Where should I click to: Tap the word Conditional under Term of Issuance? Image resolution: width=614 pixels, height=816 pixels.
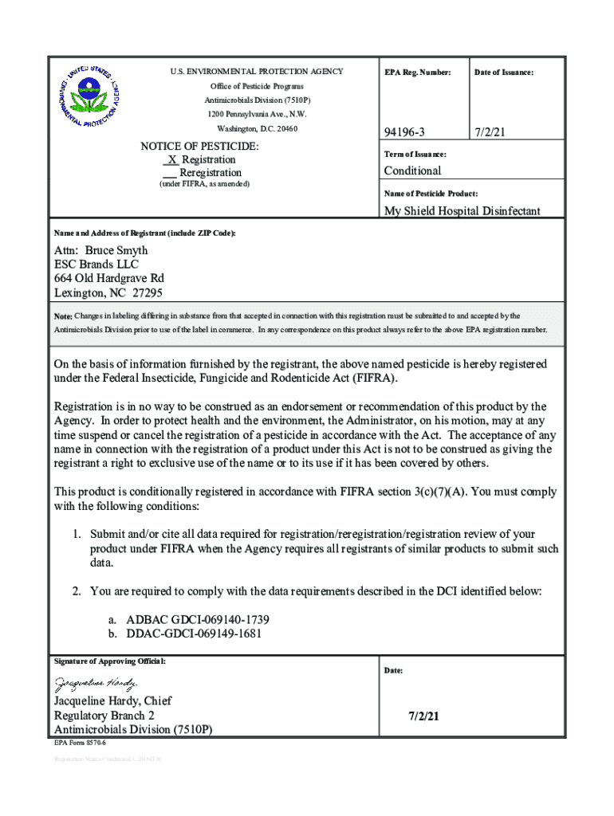[412, 171]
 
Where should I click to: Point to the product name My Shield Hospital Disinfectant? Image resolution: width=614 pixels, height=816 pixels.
[462, 211]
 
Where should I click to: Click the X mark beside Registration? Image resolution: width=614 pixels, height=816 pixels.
[171, 159]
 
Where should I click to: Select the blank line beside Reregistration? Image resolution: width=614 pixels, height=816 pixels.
[169, 173]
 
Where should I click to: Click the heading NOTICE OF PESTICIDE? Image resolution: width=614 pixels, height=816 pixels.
[199, 147]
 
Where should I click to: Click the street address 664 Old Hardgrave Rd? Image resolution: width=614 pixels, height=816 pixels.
[109, 278]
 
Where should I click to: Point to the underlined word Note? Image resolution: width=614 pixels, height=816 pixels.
[63, 316]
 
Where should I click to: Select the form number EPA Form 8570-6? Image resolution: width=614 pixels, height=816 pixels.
[80, 743]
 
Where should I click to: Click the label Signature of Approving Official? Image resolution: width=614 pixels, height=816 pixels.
[108, 661]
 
